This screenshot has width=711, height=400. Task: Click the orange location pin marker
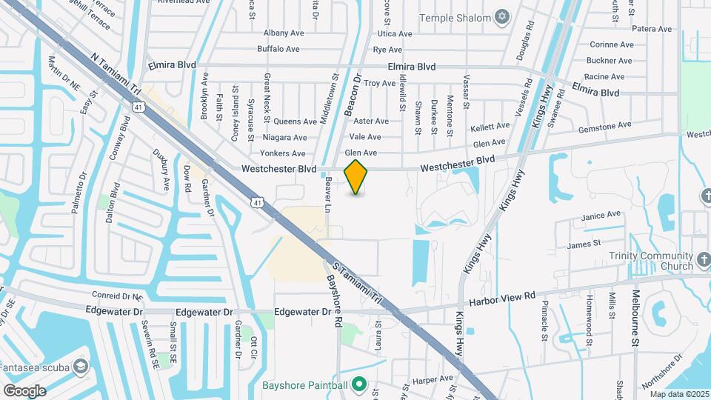pos(356,176)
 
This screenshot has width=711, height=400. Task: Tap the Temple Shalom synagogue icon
pos(503,17)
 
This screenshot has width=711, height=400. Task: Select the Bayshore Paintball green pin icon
pos(359,384)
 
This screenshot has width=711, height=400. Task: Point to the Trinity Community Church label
pos(650,261)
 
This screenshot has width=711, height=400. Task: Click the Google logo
pos(24,390)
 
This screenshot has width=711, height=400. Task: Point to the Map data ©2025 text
pos(680,394)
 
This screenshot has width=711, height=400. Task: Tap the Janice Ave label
pos(601,216)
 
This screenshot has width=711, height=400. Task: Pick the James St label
pos(584,244)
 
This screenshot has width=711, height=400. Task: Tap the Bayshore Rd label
pos(334,301)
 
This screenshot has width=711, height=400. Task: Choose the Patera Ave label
pos(652,29)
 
